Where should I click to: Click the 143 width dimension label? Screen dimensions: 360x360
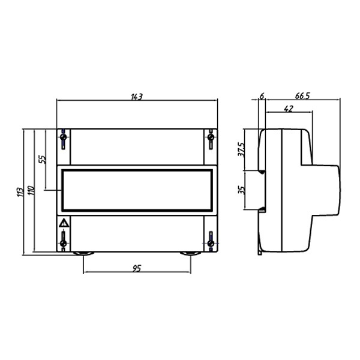[x=137, y=97]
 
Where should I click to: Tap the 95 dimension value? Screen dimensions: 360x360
[x=137, y=268]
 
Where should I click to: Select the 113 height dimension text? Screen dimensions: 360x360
[x=20, y=192]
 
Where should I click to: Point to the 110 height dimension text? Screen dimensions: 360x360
[x=31, y=190]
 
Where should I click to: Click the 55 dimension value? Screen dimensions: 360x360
[x=43, y=159]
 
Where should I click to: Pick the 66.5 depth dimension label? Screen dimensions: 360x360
[x=302, y=96]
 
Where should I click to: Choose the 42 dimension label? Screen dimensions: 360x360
[x=289, y=109]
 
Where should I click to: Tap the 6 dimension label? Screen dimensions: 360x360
[x=262, y=96]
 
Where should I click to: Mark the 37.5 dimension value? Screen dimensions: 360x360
[x=241, y=149]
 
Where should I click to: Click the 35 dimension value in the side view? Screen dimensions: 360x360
[x=242, y=190]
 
